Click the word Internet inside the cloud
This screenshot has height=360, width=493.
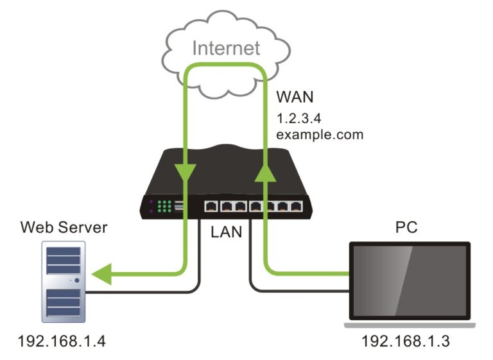[227, 48]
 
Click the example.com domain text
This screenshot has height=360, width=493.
[320, 135]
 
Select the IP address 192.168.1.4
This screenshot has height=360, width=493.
[64, 339]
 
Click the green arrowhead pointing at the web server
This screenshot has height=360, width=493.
[100, 274]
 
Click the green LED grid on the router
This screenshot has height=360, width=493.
[164, 207]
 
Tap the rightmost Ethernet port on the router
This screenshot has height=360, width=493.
[296, 207]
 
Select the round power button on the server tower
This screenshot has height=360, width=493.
[77, 280]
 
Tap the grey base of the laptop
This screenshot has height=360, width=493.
[411, 325]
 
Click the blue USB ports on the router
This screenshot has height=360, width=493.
[178, 207]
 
